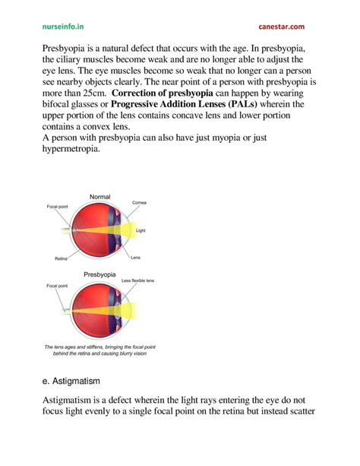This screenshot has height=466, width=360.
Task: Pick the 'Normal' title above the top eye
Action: [x=100, y=197]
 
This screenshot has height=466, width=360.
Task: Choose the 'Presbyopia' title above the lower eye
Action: [x=100, y=274]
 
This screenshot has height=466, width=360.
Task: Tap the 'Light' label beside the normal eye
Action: [x=140, y=230]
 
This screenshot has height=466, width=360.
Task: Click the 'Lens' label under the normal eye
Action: [x=135, y=257]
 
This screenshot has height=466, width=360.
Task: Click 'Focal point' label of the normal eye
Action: [x=57, y=206]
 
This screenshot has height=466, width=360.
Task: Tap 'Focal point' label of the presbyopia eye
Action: [x=57, y=287]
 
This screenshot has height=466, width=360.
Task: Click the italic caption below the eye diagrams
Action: [x=99, y=350]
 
